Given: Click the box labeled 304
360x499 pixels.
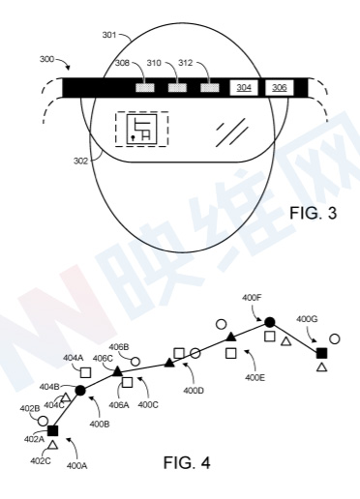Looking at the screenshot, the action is coord(244,88).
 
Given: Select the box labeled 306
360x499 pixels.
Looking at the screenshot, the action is coord(280,88).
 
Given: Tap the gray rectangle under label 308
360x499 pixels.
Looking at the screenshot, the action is coord(145,88).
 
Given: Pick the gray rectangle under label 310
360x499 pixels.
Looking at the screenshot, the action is coord(177,88).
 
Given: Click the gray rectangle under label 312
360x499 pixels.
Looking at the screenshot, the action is coord(210,88).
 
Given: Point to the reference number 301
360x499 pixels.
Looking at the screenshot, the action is coord(109,35).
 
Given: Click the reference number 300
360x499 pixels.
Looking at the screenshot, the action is coord(46,59).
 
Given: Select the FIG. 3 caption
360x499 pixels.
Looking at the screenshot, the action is coord(313,213).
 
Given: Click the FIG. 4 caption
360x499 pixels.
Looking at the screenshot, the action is coord(187,463).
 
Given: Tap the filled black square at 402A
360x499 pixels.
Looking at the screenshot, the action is coord(52,430).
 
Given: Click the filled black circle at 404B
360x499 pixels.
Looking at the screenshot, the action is coord(80,391).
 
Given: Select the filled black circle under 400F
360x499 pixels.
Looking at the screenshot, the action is coord(270,322).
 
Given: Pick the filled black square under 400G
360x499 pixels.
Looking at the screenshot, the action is coord(321,353).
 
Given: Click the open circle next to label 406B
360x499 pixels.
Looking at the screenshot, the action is coord(135,362).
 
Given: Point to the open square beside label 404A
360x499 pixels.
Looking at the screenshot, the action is coord(85,372).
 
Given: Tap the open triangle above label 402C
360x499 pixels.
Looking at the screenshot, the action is coord(52,445).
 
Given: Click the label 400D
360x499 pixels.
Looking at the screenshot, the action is coord(194,391).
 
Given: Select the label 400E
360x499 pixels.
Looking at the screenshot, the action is coord(255,377).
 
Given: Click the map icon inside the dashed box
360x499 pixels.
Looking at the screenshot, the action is coord(141,129).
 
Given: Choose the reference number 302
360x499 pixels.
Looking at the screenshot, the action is coord(80,161).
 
